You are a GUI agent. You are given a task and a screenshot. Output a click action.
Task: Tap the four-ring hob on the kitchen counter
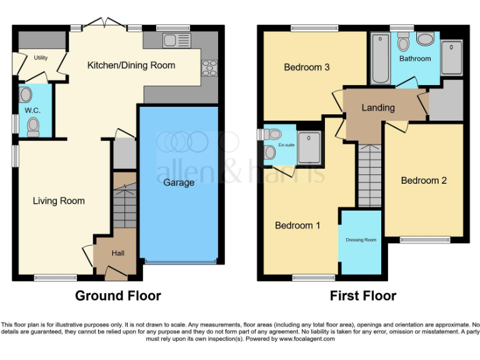pyautogui.click(x=208, y=68)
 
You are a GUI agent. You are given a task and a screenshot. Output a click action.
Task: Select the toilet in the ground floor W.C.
pyautogui.click(x=32, y=127)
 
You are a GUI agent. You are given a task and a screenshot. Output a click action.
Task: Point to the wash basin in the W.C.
pyautogui.click(x=26, y=94)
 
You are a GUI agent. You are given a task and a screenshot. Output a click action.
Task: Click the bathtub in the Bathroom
pyautogui.click(x=380, y=60)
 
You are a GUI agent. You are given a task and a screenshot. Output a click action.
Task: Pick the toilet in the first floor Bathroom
pyautogui.click(x=403, y=42)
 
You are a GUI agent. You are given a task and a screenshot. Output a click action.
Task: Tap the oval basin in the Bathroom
pyautogui.click(x=426, y=40)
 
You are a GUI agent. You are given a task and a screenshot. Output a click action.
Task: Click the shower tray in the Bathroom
pyautogui.click(x=451, y=55)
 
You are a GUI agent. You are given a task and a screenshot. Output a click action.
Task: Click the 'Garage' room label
pyautogui.click(x=179, y=182)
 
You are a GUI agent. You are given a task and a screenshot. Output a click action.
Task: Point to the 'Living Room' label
pyautogui.click(x=59, y=201)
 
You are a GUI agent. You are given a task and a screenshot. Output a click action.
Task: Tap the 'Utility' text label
pyautogui.click(x=41, y=57)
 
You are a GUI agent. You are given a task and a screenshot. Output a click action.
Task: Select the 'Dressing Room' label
pyautogui.click(x=361, y=240)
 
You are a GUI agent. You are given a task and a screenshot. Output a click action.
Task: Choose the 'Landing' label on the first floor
pyautogui.click(x=378, y=107)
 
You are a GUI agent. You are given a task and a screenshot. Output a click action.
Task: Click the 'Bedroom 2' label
pyautogui.click(x=424, y=181)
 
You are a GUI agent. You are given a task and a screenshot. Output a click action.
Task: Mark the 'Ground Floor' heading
pyautogui.click(x=118, y=296)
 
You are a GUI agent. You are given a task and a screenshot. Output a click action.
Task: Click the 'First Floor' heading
pyautogui.click(x=363, y=296)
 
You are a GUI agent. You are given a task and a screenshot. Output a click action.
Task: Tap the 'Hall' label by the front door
pyautogui.click(x=118, y=253)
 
